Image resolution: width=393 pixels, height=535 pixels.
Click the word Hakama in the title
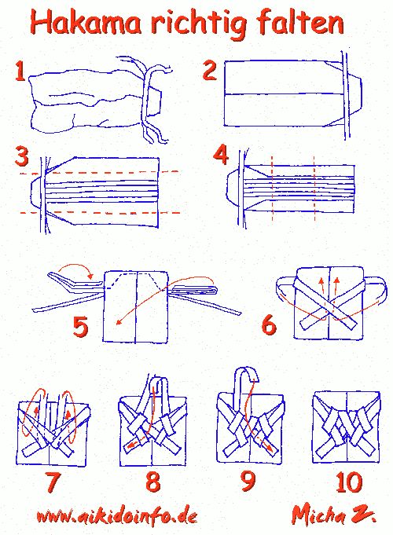(x=86, y=23)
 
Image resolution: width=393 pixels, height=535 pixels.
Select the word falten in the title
(x=299, y=22)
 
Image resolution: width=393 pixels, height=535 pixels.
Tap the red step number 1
(x=20, y=71)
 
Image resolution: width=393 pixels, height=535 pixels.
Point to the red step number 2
(x=209, y=70)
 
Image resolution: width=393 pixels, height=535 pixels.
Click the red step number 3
(x=22, y=156)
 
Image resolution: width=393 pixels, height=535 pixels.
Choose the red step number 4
(x=221, y=155)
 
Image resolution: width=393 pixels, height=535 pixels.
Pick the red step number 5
(x=81, y=327)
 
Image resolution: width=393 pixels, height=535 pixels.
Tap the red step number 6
(x=269, y=324)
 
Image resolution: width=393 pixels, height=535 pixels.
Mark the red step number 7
(x=53, y=482)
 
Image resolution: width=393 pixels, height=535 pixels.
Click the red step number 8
(x=152, y=482)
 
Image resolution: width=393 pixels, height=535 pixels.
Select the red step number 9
(x=248, y=481)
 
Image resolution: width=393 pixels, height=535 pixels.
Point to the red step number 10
(x=349, y=482)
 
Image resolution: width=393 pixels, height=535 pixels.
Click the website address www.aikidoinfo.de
(x=117, y=516)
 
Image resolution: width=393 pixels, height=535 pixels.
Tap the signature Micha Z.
(x=333, y=515)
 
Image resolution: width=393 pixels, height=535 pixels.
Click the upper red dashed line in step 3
(x=100, y=172)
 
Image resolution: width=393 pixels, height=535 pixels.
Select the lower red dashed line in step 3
(x=100, y=212)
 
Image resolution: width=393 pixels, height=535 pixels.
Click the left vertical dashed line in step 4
(x=273, y=189)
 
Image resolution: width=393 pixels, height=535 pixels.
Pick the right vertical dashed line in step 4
(x=314, y=189)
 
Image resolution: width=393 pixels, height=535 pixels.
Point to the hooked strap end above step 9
(x=245, y=376)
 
